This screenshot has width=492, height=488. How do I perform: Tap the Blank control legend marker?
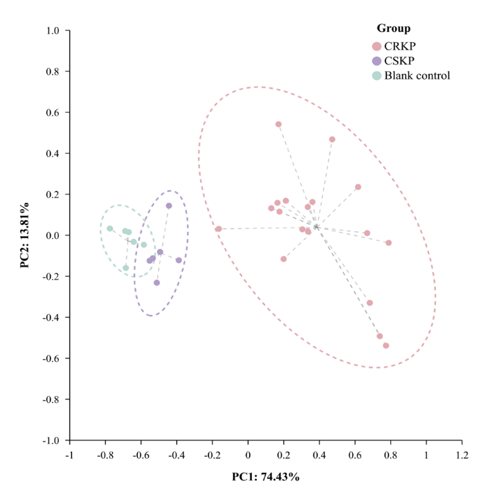click(x=376, y=75)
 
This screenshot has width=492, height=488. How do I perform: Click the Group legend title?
click(x=393, y=28)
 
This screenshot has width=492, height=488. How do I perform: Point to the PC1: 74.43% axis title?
click(x=266, y=477)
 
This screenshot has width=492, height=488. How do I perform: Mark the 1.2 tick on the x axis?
click(x=462, y=455)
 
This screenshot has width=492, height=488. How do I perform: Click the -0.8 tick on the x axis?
click(x=105, y=455)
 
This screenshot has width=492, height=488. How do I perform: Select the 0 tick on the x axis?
click(x=248, y=455)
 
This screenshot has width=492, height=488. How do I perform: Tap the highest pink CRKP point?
click(x=278, y=125)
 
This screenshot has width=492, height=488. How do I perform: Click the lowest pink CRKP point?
click(x=385, y=345)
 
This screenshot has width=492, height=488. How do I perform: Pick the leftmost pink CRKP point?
click(x=218, y=229)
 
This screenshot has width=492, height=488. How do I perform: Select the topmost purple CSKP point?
click(x=169, y=206)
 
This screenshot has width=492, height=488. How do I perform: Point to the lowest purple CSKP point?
click(x=156, y=282)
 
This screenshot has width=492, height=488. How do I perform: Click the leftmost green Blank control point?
click(x=109, y=228)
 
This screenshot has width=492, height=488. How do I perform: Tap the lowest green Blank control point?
click(x=126, y=268)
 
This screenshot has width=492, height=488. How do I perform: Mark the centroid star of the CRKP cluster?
click(x=316, y=227)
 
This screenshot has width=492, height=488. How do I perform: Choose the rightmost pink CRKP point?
click(x=388, y=242)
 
